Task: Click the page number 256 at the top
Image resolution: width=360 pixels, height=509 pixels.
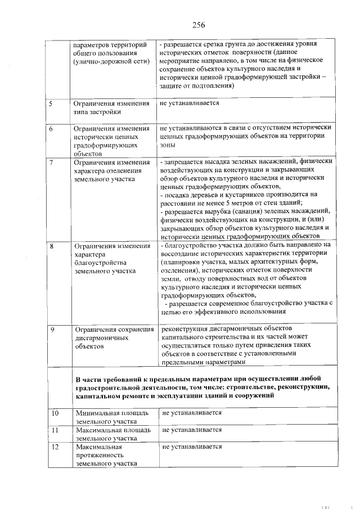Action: pyautogui.click(x=197, y=25)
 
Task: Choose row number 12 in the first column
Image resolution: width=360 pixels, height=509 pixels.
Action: pyautogui.click(x=55, y=447)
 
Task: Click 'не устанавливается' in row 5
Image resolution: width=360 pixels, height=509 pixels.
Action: pyautogui.click(x=189, y=103)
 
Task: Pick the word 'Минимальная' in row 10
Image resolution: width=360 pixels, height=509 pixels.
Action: pyautogui.click(x=99, y=413)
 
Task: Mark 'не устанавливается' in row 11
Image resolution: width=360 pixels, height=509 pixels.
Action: pyautogui.click(x=192, y=430)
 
